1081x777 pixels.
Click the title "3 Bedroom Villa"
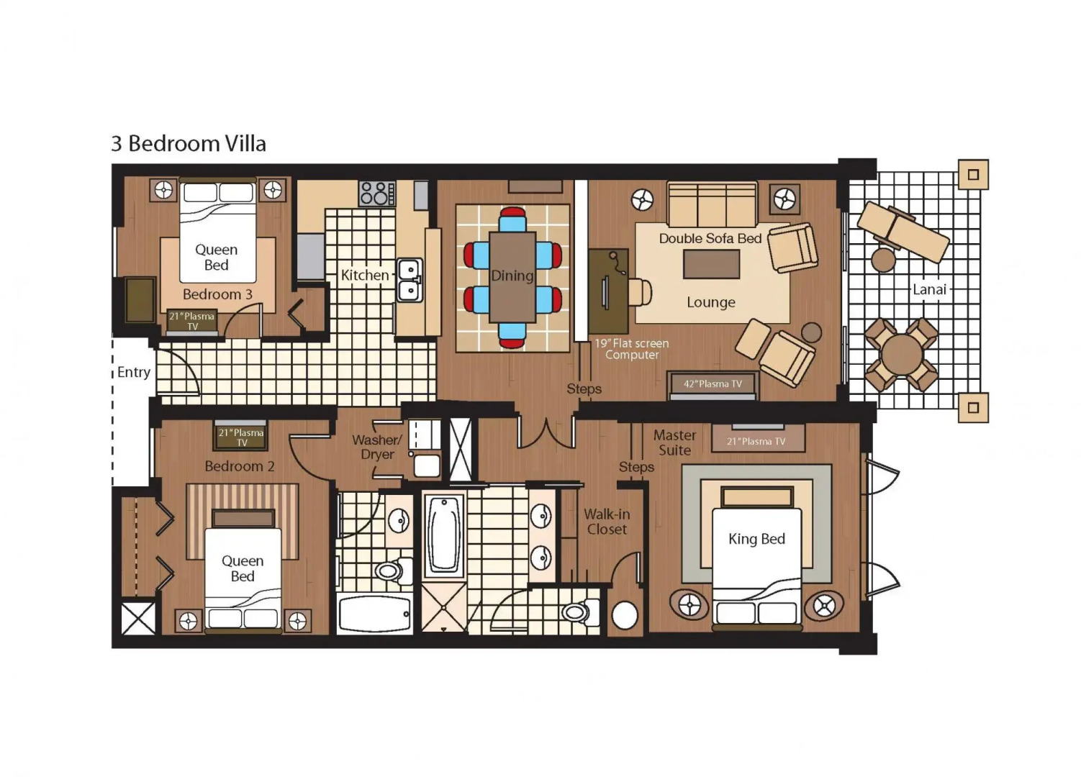click(189, 144)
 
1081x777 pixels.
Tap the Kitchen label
click(364, 275)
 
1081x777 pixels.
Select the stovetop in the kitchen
click(376, 194)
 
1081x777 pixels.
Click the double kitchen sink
click(410, 281)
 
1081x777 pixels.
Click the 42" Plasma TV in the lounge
click(712, 384)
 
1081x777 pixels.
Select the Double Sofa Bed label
click(710, 238)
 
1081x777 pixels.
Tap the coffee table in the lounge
click(711, 264)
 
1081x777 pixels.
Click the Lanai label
click(929, 289)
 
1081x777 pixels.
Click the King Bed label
click(756, 539)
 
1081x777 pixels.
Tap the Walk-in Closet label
click(607, 522)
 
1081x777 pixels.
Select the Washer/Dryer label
click(376, 447)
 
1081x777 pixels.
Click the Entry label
click(134, 372)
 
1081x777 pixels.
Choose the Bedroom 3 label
click(217, 294)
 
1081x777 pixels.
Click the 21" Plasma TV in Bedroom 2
click(241, 437)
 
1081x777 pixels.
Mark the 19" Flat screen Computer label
click(631, 349)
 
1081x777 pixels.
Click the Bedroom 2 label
click(239, 466)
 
